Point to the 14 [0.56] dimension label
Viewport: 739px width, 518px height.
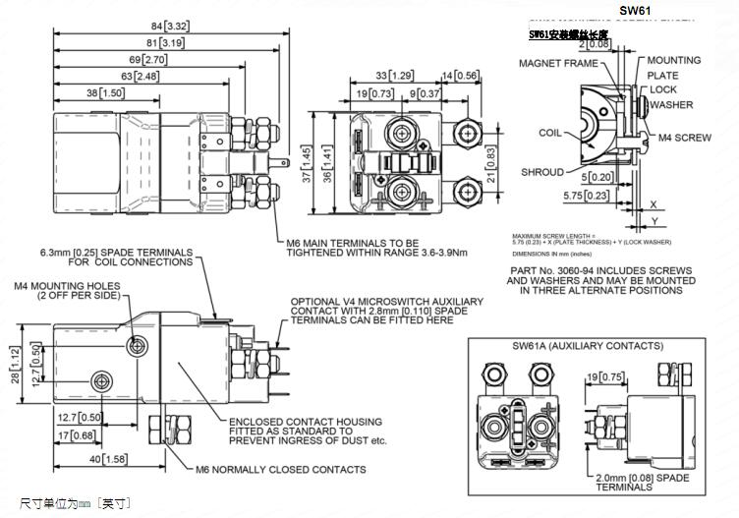click(x=461, y=75)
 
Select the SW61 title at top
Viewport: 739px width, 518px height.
click(x=635, y=10)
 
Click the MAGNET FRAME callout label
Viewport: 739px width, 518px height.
click(x=558, y=64)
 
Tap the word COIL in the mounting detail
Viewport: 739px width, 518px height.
click(x=550, y=132)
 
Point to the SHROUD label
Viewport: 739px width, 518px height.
click(x=542, y=172)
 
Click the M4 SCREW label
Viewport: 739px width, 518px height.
click(x=684, y=139)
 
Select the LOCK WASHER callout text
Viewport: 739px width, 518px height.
click(x=670, y=97)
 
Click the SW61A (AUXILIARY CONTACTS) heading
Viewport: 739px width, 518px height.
click(x=588, y=346)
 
